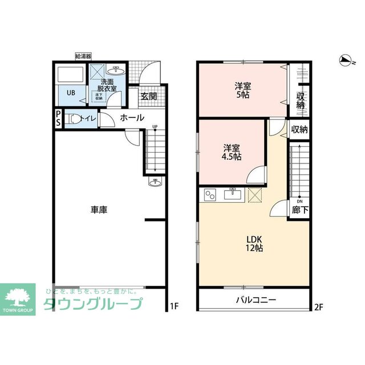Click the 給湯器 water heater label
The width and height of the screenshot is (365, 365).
83,56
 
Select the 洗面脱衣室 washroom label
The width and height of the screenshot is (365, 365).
108,85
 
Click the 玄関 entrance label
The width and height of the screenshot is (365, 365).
149,96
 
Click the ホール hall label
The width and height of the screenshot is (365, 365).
132,118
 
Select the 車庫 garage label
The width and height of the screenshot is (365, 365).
99,210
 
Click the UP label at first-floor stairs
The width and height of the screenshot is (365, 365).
155,127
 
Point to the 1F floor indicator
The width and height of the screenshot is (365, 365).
175,306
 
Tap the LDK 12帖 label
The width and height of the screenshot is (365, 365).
254,243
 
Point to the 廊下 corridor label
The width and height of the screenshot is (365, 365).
299,210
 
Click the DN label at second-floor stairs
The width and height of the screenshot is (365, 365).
299,200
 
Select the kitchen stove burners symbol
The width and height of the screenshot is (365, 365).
209,195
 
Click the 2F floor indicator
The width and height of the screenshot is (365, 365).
318,306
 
